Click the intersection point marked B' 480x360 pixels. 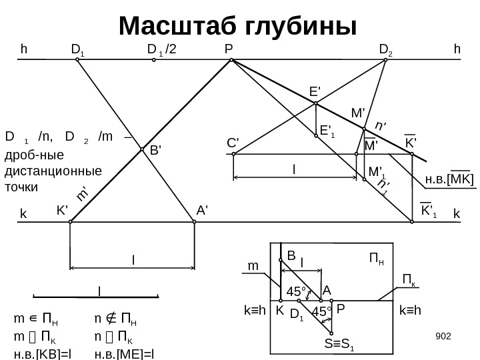click(143, 151)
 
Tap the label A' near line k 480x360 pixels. click(203, 209)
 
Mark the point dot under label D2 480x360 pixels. click(386, 60)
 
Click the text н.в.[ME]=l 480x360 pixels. click(123, 353)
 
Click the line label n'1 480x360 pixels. click(382, 186)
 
